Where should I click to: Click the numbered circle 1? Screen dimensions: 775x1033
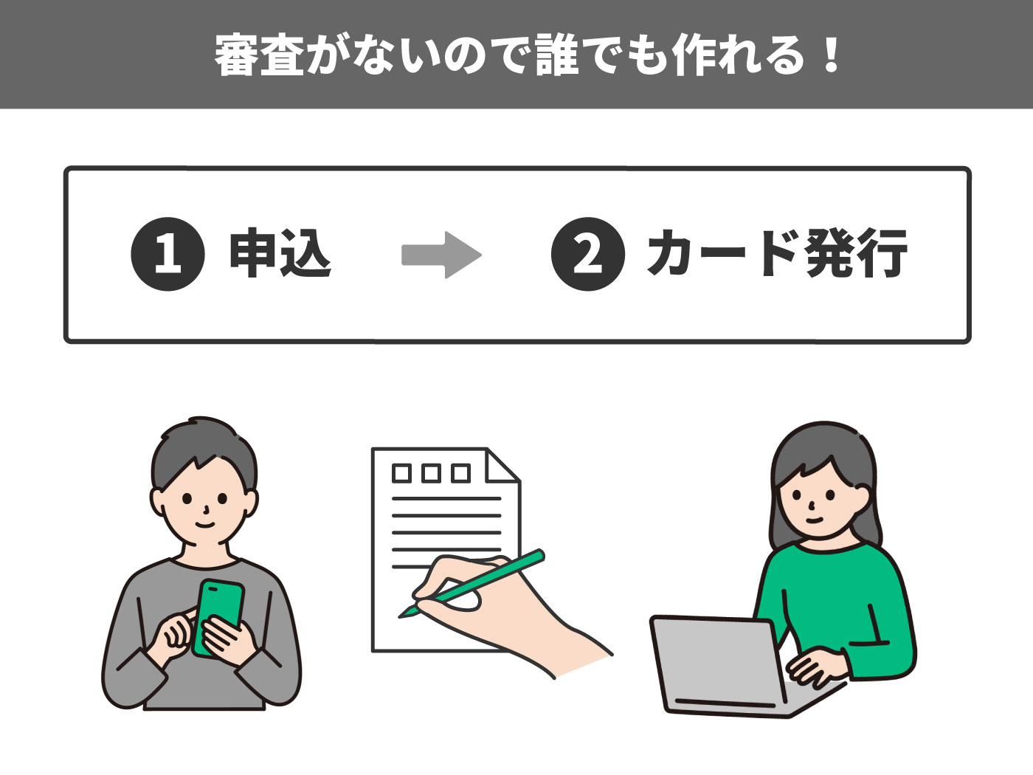pyautogui.click(x=167, y=254)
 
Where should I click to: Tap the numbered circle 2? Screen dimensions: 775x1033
pyautogui.click(x=587, y=254)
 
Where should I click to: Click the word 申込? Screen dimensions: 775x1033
pyautogui.click(x=280, y=254)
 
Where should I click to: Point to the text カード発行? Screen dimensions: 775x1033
pyautogui.click(x=777, y=254)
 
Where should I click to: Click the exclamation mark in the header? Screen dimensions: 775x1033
pyautogui.click(x=832, y=55)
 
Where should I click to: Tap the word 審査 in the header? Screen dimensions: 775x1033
pyautogui.click(x=258, y=55)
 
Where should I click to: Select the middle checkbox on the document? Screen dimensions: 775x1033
pyautogui.click(x=432, y=473)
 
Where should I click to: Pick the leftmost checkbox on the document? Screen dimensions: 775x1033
pyautogui.click(x=402, y=473)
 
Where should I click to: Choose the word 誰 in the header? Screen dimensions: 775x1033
pyautogui.click(x=559, y=55)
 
